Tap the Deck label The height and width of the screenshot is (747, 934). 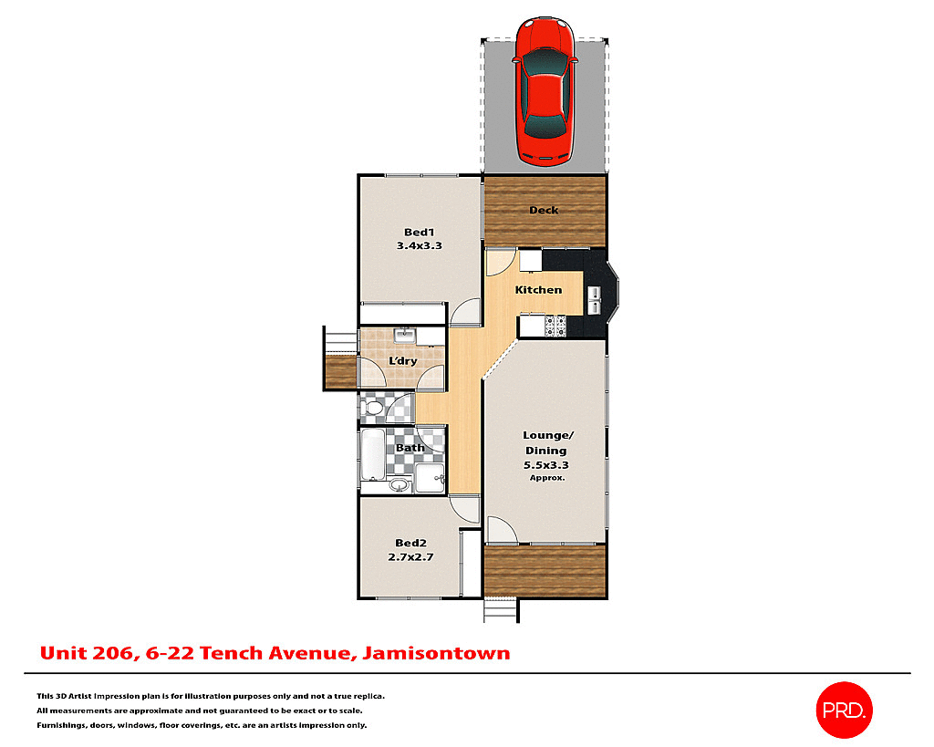(x=544, y=211)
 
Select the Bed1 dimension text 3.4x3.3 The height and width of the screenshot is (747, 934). (x=419, y=245)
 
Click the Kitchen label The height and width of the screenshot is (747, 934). (x=538, y=290)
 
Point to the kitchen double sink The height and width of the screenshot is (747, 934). (x=594, y=300)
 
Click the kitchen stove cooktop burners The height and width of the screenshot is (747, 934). (x=555, y=324)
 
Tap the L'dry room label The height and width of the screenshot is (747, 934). (x=402, y=361)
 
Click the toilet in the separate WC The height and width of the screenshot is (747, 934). (x=371, y=407)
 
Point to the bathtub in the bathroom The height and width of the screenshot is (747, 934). (x=373, y=457)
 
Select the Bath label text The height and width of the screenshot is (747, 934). (x=410, y=448)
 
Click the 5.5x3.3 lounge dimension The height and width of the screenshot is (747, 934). (x=545, y=465)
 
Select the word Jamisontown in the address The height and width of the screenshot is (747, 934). (x=436, y=653)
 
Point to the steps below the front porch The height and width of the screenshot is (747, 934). (x=500, y=609)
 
